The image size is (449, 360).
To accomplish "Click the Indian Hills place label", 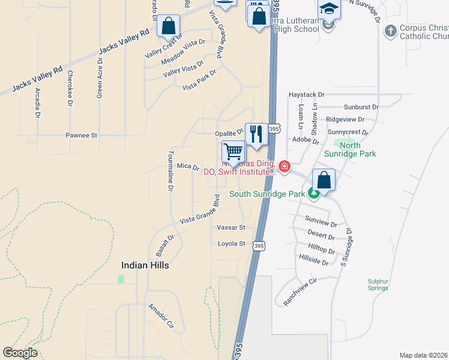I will click(x=145, y=265).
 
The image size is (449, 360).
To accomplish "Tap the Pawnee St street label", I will click(x=82, y=136).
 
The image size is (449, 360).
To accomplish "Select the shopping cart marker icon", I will click(x=233, y=152).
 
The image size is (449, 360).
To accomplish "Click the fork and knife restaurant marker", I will click(x=256, y=133).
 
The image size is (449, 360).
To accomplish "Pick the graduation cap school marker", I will click(x=329, y=8).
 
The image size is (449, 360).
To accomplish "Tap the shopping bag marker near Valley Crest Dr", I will click(x=169, y=26).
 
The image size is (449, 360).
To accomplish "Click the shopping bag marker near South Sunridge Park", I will click(x=324, y=179).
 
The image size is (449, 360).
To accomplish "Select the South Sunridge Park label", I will click(x=267, y=194).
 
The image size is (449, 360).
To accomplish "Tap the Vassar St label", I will click(x=231, y=228).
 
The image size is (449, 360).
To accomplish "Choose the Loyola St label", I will click(x=231, y=244).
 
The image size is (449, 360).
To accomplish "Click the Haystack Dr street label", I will click(x=306, y=95).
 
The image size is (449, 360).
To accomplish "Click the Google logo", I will click(x=20, y=353).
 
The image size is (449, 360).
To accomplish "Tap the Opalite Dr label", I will click(x=229, y=133).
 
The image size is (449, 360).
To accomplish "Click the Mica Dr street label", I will click(x=187, y=166).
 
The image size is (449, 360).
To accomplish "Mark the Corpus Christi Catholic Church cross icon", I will click(x=390, y=30).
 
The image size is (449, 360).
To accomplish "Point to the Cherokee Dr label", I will click(x=70, y=88).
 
